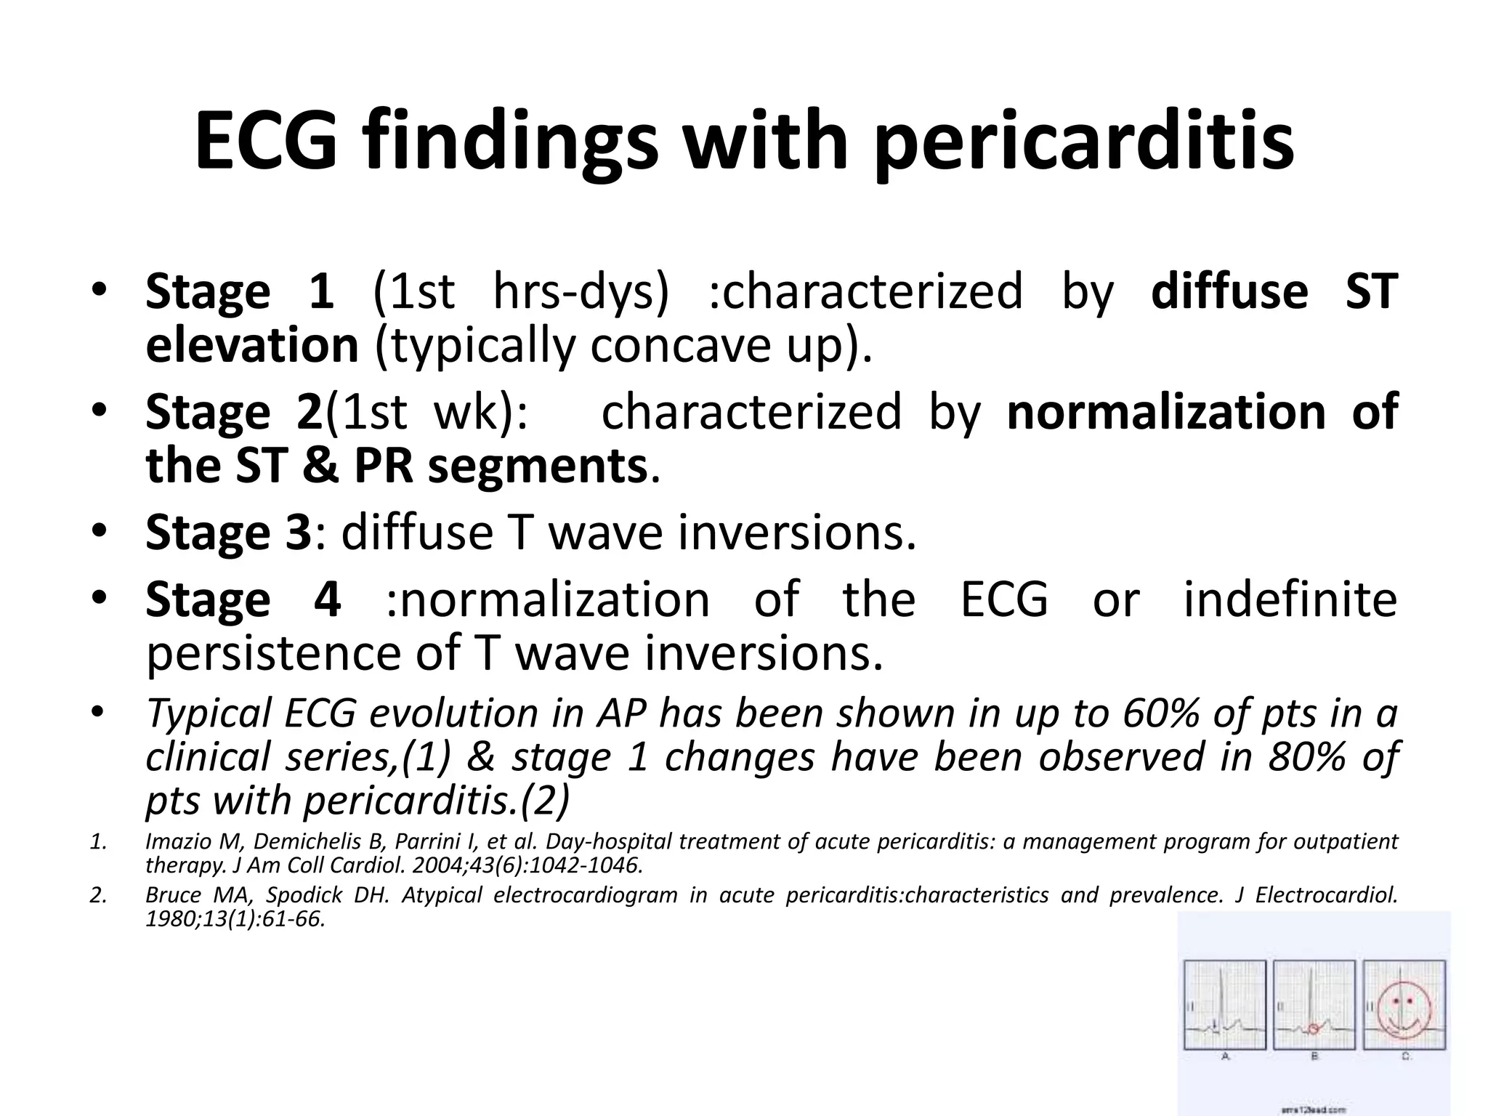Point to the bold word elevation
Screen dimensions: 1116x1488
[252, 345]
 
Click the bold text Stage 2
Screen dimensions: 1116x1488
[233, 412]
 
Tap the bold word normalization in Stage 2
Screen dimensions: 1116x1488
[1167, 412]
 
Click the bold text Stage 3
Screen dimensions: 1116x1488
[228, 533]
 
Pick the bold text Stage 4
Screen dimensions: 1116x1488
[243, 600]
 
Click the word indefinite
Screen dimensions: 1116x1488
[1290, 600]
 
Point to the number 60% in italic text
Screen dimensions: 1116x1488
[1160, 713]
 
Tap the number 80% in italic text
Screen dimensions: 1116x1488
[1305, 757]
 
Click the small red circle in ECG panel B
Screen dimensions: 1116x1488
[1312, 1028]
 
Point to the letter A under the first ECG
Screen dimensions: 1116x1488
[1226, 1057]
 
